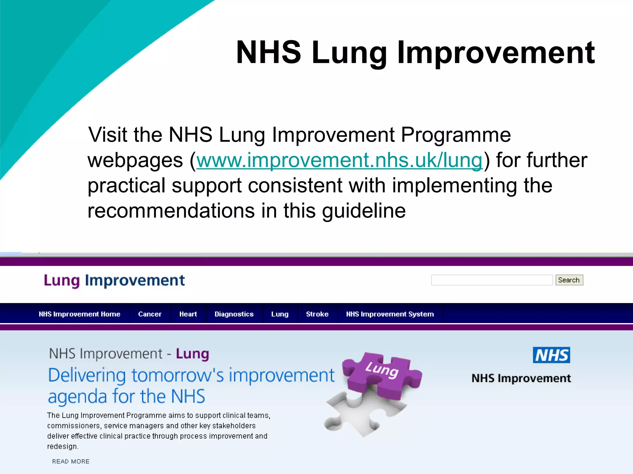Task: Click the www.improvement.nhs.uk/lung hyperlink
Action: [x=339, y=160]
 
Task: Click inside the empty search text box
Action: [x=491, y=280]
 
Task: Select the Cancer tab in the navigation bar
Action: [x=150, y=314]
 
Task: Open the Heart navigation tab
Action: [x=188, y=314]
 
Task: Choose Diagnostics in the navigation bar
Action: [x=234, y=314]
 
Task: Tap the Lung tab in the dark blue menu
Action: [x=280, y=314]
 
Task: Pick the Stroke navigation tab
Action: [x=317, y=314]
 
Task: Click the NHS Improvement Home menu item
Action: [x=79, y=314]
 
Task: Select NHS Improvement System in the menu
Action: [x=390, y=314]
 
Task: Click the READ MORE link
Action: [x=71, y=461]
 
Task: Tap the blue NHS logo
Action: [x=551, y=355]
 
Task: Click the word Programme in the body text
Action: [x=456, y=135]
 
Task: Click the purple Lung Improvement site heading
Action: [x=114, y=281]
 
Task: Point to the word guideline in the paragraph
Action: [x=364, y=211]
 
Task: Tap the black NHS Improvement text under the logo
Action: [x=521, y=378]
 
